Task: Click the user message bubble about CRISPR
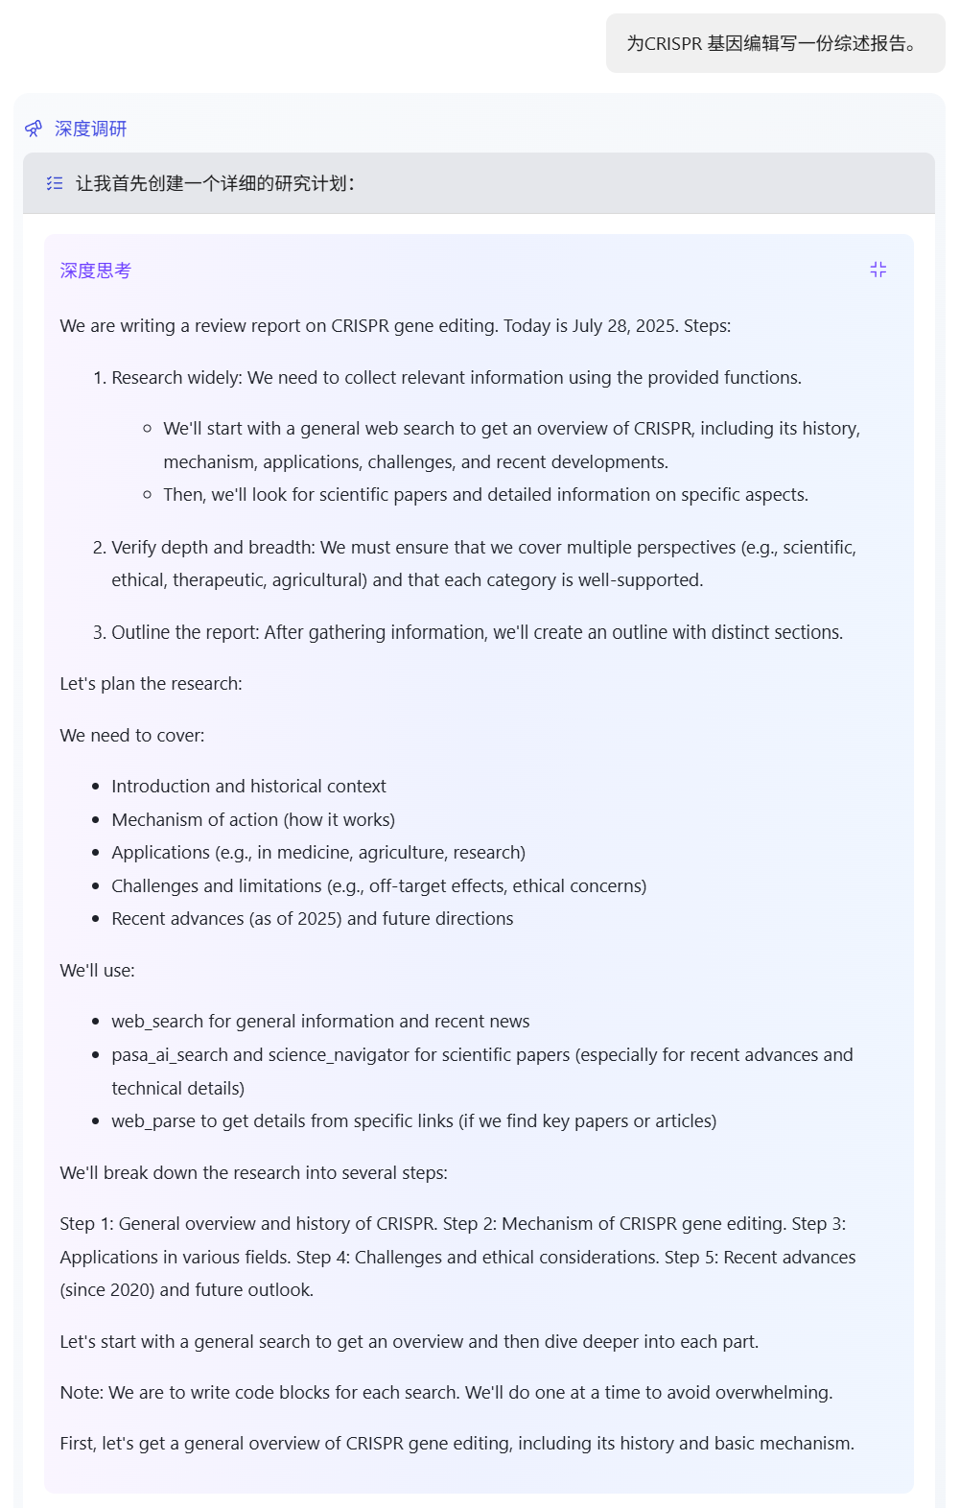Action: pos(775,43)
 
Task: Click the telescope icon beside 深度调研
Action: pos(34,129)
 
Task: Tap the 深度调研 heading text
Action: pos(91,129)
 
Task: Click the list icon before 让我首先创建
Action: pos(55,183)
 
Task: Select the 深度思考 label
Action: pos(95,271)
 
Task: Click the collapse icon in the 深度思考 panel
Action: pos(878,270)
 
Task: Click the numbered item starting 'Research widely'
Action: pos(456,378)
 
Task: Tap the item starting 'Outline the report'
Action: pos(477,632)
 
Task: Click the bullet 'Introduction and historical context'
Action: pos(248,787)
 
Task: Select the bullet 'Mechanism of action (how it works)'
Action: pos(253,820)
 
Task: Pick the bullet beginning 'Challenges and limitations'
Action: pos(379,886)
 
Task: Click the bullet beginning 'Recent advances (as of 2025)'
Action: pos(312,919)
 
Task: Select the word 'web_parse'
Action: pos(153,1121)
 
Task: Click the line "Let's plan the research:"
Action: pos(151,684)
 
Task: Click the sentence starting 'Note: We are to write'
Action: pos(446,1393)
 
